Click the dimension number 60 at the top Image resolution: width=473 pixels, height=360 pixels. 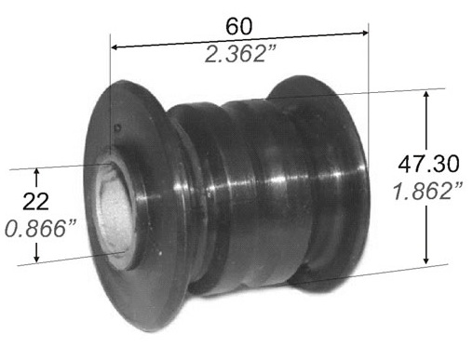238,26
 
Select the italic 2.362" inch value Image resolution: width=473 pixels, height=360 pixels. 240,54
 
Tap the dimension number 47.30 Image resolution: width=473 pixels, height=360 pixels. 428,164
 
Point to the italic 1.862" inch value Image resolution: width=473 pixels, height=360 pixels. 427,191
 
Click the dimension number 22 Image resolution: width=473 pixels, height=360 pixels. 35,202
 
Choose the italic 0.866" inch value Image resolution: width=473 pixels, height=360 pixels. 40,229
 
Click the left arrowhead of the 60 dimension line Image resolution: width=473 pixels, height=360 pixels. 115,47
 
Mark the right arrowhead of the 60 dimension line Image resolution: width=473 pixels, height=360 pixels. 364,33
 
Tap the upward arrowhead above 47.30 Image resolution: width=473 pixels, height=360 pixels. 426,94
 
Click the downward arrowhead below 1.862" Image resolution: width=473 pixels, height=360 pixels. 426,260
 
